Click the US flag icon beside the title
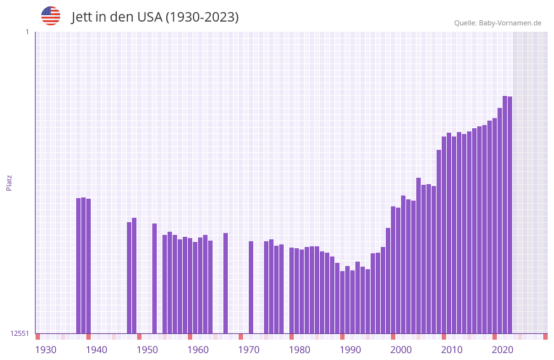(51, 16)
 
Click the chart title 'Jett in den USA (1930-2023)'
(155, 17)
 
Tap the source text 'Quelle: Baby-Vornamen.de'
(498, 23)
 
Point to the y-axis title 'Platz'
(9, 183)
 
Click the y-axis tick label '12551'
(19, 333)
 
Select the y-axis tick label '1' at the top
(27, 32)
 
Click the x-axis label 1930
(46, 350)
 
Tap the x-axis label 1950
(147, 350)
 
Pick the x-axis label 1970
(249, 350)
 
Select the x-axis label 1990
(350, 350)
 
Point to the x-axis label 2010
(452, 350)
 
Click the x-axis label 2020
(503, 350)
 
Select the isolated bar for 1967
(225, 283)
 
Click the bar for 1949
(134, 276)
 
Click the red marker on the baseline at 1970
(241, 337)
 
